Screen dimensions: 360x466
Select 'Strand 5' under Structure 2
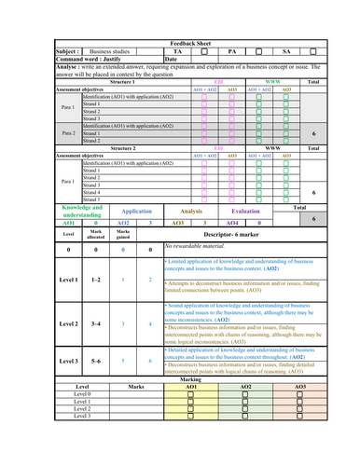(91, 199)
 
